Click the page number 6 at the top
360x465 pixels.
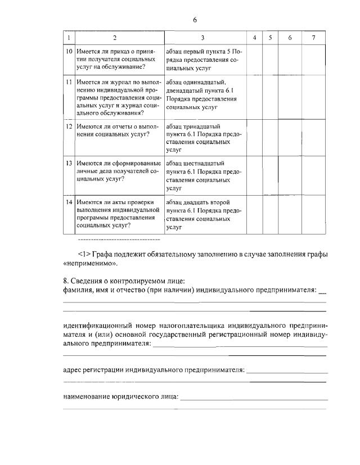point(195,20)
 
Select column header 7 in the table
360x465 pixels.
point(313,38)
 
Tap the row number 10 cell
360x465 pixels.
point(68,51)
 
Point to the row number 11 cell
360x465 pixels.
point(68,82)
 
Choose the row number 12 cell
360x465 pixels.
point(68,126)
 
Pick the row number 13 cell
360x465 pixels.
point(68,163)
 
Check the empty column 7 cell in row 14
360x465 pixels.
point(313,215)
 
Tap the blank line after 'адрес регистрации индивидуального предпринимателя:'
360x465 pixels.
point(287,373)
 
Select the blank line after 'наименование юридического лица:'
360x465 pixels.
point(253,398)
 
